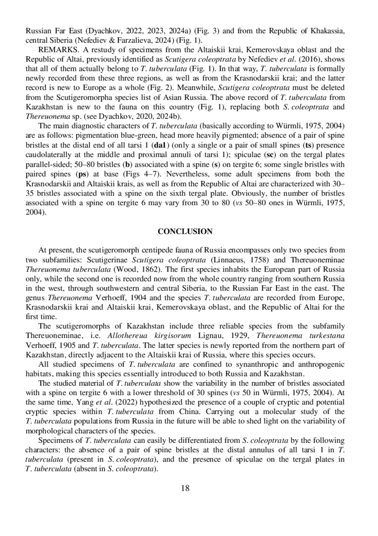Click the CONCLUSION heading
(x=185, y=232)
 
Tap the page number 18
(x=185, y=488)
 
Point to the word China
(x=189, y=412)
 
